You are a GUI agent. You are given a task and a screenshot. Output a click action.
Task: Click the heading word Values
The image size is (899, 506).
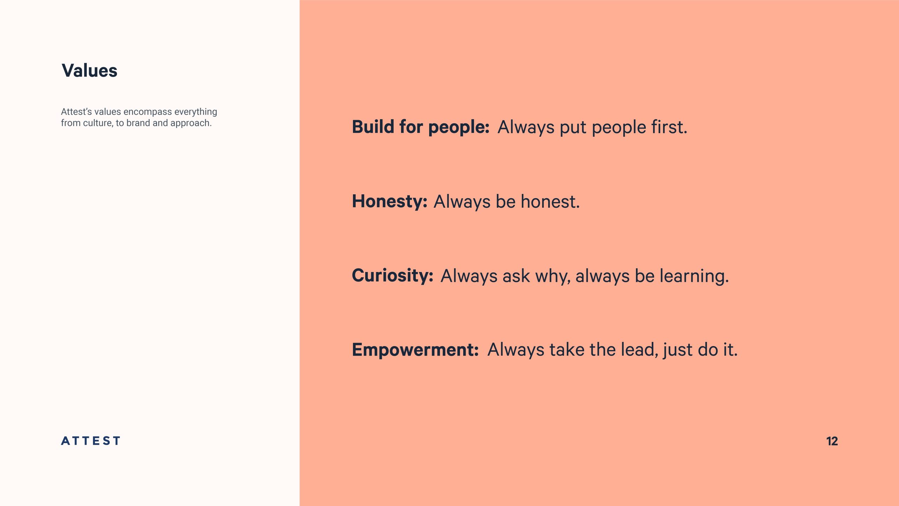90,70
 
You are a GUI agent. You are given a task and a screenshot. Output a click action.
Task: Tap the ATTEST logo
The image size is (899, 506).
91,441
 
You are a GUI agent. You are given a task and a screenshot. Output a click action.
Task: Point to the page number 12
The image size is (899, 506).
832,441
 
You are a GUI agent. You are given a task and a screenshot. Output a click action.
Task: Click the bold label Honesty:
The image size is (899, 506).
390,202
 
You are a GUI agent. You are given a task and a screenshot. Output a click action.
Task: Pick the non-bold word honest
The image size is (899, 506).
550,201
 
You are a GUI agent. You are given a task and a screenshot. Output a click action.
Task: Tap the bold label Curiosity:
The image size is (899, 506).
393,275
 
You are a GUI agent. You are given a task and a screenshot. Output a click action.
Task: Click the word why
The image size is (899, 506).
553,276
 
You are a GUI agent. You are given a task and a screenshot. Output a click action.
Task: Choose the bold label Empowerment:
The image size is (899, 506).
415,350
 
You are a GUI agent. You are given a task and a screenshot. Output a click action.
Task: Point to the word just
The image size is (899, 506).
678,350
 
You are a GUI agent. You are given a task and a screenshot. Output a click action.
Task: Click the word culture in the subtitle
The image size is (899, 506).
98,123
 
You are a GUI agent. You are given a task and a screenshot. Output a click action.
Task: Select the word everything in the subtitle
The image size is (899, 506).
196,112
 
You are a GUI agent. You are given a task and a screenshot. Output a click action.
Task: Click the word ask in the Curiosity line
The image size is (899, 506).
516,276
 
